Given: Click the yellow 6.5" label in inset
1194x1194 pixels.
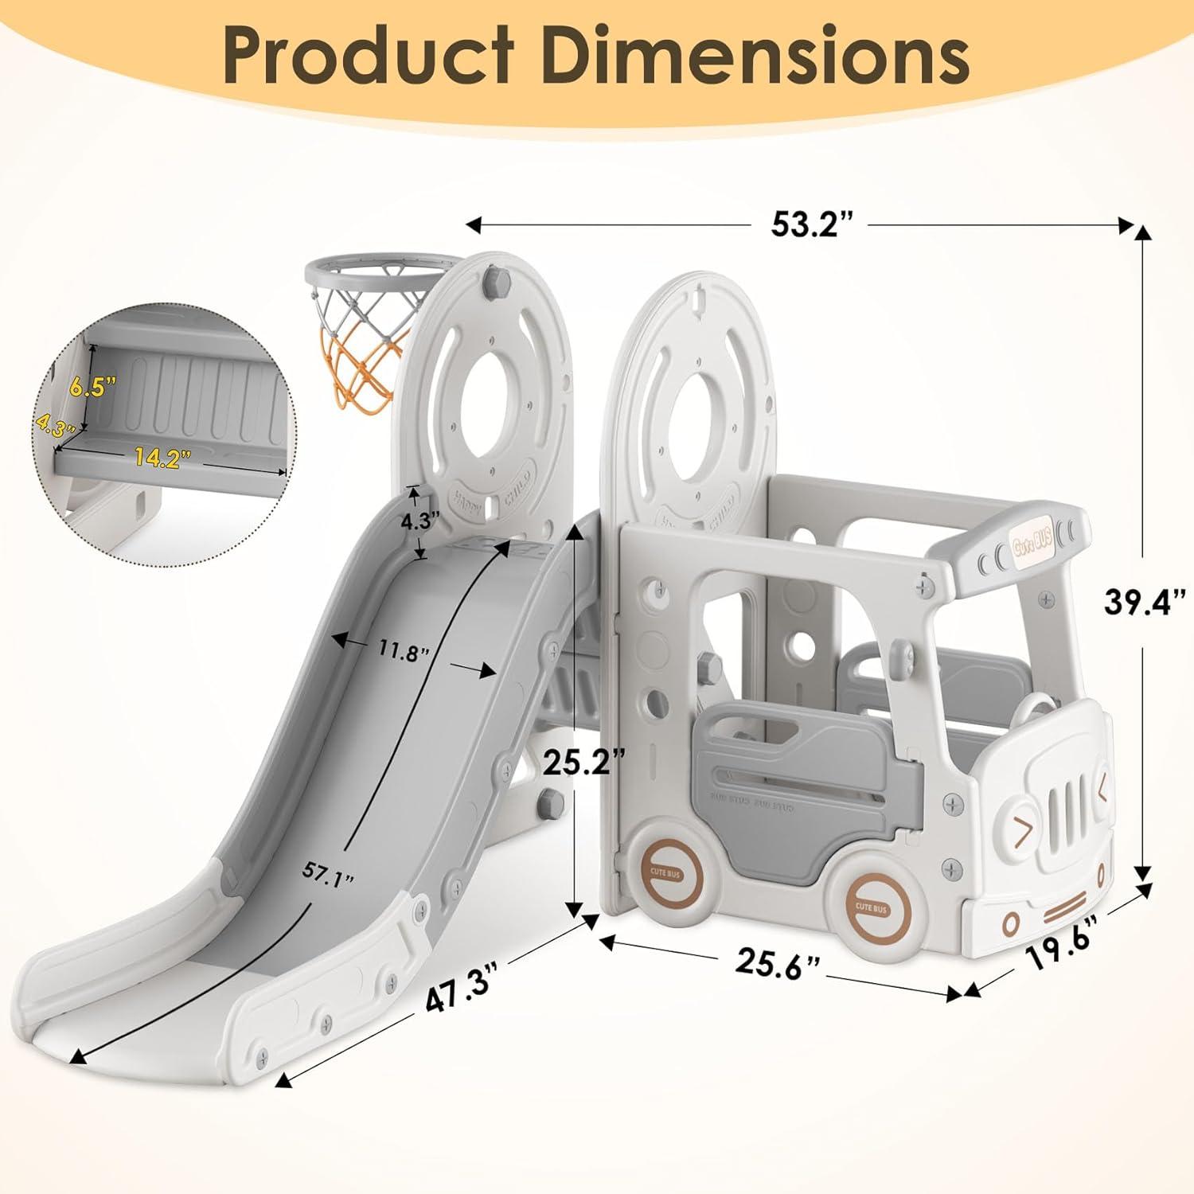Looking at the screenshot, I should [92, 387].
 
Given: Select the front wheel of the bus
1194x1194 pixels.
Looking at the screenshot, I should [874, 905].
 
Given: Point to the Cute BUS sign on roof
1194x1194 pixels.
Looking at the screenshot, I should [1032, 543].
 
